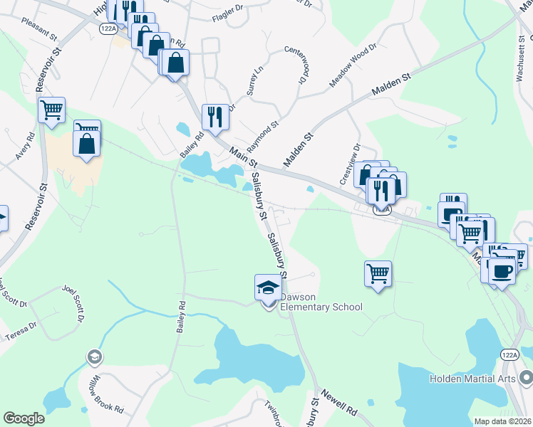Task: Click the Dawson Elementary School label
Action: (x=321, y=302)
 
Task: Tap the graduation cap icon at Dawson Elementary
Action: (x=268, y=288)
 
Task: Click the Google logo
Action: (x=24, y=418)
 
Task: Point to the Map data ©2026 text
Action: (x=502, y=421)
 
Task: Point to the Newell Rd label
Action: (x=338, y=402)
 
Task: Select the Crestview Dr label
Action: (x=351, y=164)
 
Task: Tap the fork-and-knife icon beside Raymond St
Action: (x=214, y=116)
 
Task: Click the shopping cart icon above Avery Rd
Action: (x=51, y=110)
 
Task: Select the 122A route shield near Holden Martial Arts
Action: (x=509, y=354)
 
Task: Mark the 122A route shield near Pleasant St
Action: (x=108, y=28)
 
